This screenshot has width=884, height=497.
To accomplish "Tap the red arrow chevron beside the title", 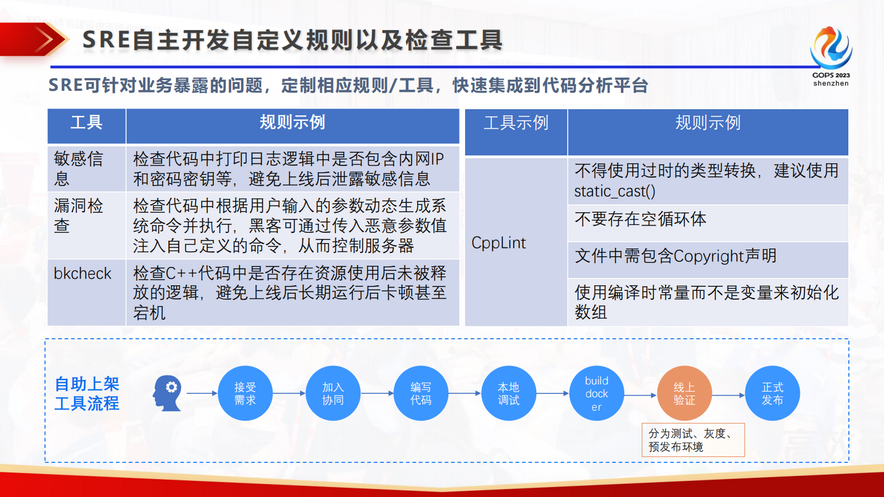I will pos(45,40).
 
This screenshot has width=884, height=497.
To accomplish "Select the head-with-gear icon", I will pos(167,393).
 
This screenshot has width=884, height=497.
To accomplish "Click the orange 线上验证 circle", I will pos(684,393).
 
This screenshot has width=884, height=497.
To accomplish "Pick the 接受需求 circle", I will pos(245,393).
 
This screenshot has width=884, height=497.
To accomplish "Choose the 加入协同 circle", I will pos(333,393).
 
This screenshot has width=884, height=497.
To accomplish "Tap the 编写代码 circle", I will pos(421,393).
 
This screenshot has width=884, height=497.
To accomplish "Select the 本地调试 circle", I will pos(509,393).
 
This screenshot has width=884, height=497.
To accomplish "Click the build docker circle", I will pos(597,393).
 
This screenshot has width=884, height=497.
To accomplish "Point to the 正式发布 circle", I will pos(772,393).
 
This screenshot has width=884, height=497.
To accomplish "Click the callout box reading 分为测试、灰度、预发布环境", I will pos(693,440).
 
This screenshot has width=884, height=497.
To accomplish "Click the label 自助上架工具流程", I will pos(87,393).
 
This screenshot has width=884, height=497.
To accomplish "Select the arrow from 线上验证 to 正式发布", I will pos(728,395).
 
